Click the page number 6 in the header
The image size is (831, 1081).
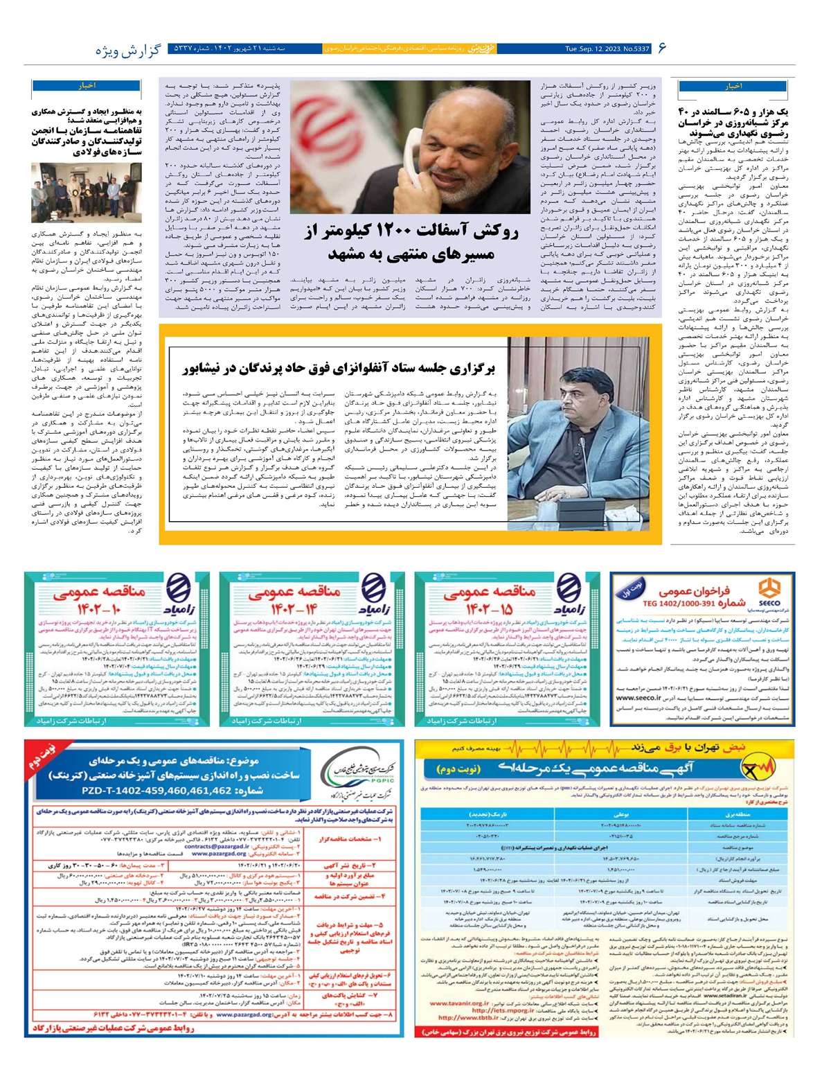662,49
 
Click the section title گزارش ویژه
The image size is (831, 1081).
128,50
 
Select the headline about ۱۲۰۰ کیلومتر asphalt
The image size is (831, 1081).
411,243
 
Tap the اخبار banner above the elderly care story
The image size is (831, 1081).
733,87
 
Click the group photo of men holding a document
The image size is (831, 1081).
87,193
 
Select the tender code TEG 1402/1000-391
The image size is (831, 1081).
693,604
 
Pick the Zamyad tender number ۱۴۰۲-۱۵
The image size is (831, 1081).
489,609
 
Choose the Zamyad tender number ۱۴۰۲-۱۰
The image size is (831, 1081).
98,609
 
